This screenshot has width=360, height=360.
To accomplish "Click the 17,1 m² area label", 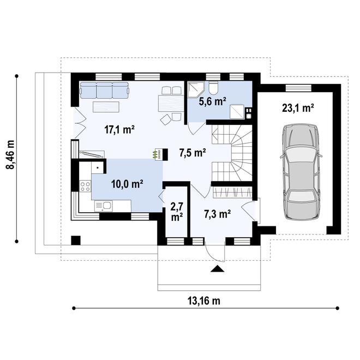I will coord(119,129).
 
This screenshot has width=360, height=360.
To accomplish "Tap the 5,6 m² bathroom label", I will coord(212,101).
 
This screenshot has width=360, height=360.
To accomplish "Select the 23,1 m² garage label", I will coord(298,108).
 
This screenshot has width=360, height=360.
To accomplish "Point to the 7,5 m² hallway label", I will coord(193,152).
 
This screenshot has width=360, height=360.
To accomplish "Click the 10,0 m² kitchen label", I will coord(127,184).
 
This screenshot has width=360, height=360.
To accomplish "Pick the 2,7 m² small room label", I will coord(176,212).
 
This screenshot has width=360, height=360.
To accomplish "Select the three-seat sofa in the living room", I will coord(104,90).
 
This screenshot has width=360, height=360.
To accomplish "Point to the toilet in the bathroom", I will coord(213,88).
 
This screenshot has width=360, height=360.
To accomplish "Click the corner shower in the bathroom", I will coord(195,89).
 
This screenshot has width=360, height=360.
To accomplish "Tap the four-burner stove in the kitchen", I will coord(86,185).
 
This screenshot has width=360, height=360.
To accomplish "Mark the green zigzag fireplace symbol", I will coord(157,154).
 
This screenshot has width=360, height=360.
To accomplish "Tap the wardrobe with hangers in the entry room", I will coord(233,193).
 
